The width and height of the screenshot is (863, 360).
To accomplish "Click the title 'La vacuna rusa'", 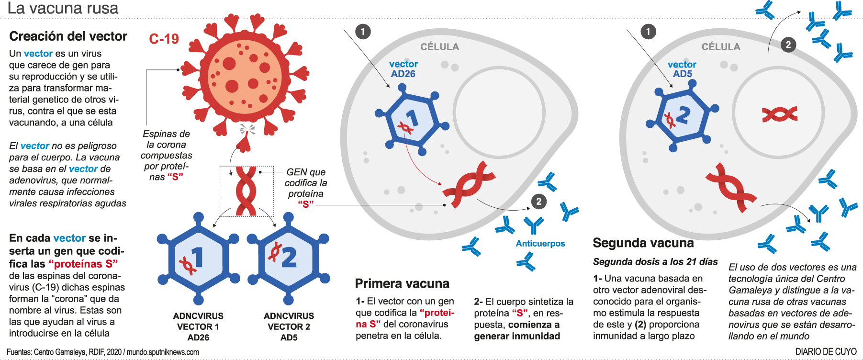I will pyautogui.click(x=63, y=8).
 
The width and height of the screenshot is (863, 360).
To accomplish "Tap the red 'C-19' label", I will pyautogui.click(x=164, y=39).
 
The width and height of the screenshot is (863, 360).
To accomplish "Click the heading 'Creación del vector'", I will pyautogui.click(x=68, y=36).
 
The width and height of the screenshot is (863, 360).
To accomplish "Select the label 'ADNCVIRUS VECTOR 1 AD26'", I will pyautogui.click(x=198, y=326).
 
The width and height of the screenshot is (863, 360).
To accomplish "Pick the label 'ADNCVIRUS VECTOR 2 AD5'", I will pyautogui.click(x=289, y=326).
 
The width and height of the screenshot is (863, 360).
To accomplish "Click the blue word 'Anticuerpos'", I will pyautogui.click(x=540, y=244).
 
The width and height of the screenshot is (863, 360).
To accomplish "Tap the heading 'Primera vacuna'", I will pyautogui.click(x=402, y=283).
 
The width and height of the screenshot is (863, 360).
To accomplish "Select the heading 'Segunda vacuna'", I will pyautogui.click(x=643, y=243).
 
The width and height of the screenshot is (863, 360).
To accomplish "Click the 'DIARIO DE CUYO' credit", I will pyautogui.click(x=826, y=352).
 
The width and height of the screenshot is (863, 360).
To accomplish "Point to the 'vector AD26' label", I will pyautogui.click(x=403, y=69).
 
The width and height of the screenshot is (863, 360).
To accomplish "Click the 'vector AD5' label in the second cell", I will pyautogui.click(x=682, y=69).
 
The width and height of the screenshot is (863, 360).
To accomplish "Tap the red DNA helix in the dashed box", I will pyautogui.click(x=246, y=191).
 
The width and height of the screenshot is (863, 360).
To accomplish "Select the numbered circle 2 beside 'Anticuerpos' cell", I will pyautogui.click(x=538, y=202).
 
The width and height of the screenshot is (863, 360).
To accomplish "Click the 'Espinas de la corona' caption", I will pyautogui.click(x=166, y=155).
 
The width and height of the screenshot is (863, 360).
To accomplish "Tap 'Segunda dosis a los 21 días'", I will pyautogui.click(x=655, y=262).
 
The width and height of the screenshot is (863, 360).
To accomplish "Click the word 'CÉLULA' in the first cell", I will pyautogui.click(x=439, y=47).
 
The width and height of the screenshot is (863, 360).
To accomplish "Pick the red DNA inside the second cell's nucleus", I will pyautogui.click(x=780, y=114).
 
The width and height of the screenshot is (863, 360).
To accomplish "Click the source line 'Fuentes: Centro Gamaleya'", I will pyautogui.click(x=103, y=352).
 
